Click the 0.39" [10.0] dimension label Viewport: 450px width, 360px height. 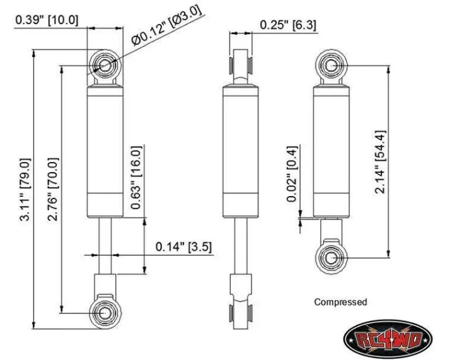(x=47, y=20)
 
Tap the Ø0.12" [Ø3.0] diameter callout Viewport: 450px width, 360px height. (x=166, y=25)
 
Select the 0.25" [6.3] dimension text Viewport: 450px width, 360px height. (x=288, y=25)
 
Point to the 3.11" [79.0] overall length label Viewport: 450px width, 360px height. (x=25, y=190)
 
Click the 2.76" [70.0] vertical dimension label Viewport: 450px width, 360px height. (x=53, y=189)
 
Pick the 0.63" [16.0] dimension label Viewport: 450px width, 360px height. (x=136, y=177)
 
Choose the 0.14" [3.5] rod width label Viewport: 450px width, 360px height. (x=183, y=247)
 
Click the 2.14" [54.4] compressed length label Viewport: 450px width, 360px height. (x=381, y=162)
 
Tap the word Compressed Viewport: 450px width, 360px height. (x=340, y=302)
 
